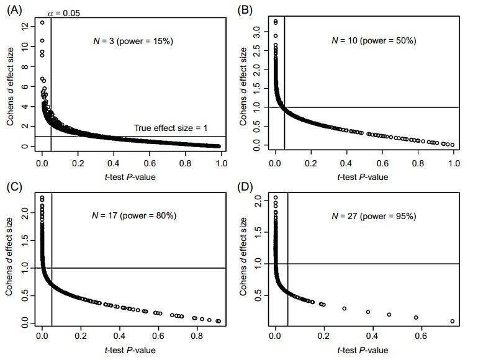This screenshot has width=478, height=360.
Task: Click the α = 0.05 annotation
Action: pos(63,12)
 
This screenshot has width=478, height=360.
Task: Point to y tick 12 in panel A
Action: pos(23,26)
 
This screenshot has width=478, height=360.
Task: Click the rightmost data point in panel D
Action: pos(452,321)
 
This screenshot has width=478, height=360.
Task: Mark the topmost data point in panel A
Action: pos(42,22)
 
